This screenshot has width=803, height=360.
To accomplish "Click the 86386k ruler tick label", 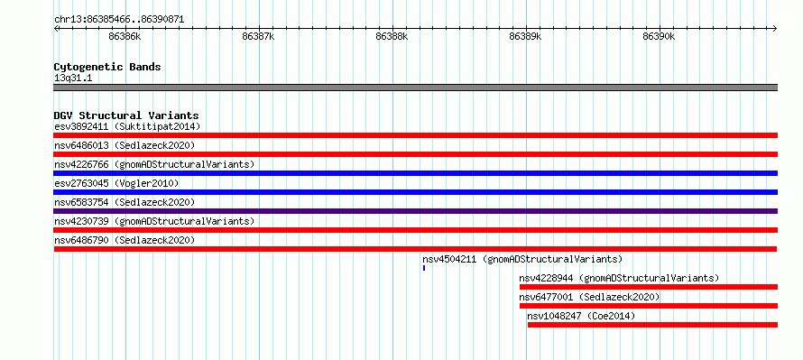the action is pos(125,36).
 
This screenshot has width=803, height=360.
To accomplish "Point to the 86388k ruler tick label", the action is pos(392,36).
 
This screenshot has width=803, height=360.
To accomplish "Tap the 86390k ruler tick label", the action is pos(659,36).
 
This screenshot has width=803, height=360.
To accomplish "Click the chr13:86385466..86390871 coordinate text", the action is pos(119,20).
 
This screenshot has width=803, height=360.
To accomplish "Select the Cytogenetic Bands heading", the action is pos(107,67).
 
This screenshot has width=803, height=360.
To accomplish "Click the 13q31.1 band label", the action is pos(73,78).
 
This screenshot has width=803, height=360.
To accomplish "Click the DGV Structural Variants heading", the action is pos(126,115).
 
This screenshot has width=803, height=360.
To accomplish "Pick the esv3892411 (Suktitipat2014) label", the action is pos(127,126).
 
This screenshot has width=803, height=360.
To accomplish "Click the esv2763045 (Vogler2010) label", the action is pos(116,183).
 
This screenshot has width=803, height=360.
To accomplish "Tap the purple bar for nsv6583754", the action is pos(416,211).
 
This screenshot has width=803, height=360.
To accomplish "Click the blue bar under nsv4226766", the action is pos(416,173).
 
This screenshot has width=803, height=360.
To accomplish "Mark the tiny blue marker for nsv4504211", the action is pos(424,268).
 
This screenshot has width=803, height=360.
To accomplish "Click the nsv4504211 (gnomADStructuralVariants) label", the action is pos(522,259).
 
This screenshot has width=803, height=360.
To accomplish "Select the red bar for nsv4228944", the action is pos(649,287).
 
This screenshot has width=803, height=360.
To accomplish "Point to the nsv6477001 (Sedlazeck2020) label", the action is pos(589,297).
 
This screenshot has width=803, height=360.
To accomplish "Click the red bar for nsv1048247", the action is pos(652,325).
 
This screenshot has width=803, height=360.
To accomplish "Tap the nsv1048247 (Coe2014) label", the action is pos(581,316).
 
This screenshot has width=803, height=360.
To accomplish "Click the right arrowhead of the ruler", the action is pos(776,28).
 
